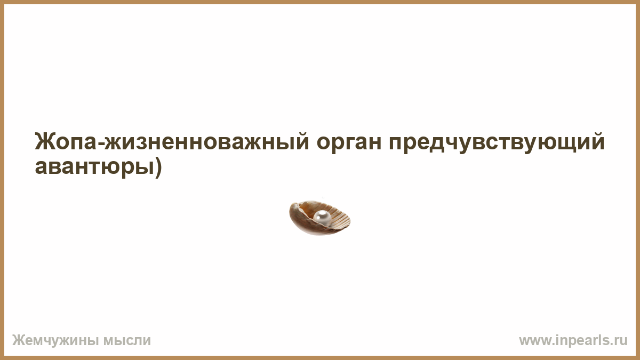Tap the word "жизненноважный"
207,142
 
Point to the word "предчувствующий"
497,143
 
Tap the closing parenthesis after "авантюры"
158,168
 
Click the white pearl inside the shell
322,219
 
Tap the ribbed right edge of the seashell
342,219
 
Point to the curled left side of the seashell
295,217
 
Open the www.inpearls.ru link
573,341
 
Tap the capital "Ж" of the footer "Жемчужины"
18,341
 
